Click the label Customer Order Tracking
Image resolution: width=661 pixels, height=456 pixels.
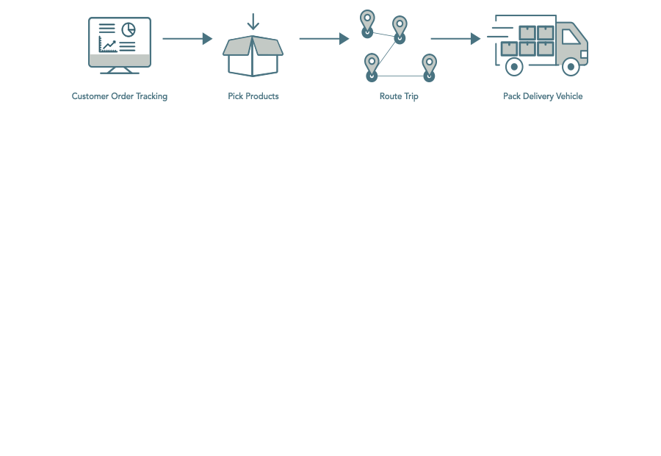120,96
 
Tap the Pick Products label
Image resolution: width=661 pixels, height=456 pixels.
253,96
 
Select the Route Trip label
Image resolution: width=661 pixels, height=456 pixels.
399,96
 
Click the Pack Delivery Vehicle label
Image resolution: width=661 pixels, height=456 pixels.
543,96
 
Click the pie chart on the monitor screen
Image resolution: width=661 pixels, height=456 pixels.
129,29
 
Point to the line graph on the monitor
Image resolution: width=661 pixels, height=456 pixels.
108,44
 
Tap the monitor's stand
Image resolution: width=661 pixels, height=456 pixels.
120,70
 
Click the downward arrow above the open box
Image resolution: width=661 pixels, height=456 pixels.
253,21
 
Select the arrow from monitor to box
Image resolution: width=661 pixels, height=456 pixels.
187,39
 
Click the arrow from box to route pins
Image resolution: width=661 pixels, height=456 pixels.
324,39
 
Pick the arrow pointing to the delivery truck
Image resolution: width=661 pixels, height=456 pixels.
455,39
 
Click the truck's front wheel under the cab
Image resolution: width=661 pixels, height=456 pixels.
571,67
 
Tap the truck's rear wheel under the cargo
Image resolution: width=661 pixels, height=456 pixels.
514,67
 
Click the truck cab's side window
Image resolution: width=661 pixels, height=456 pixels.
571,37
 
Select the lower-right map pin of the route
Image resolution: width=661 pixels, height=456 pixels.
429,68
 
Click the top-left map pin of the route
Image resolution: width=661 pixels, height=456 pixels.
367,24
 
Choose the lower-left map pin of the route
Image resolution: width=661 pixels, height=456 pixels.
372,68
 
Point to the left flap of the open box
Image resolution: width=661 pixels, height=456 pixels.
238,46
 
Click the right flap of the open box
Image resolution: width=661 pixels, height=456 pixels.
267,46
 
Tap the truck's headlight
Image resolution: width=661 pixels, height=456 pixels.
585,54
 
